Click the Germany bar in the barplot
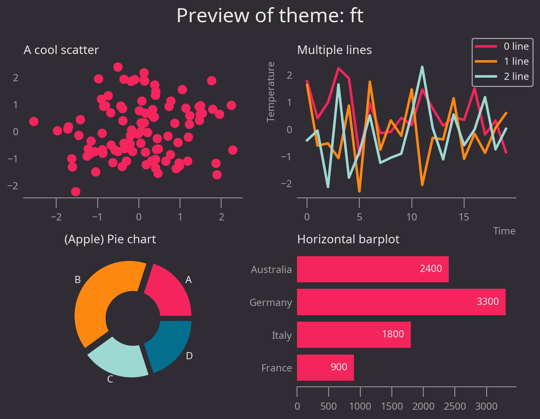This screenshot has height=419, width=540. click(401, 302)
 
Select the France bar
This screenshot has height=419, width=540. click(325, 367)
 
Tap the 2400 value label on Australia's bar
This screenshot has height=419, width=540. click(431, 269)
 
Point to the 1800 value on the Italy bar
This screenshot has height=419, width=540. click(393, 334)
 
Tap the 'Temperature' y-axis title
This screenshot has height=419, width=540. click(271, 92)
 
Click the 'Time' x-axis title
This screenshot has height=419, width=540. click(504, 231)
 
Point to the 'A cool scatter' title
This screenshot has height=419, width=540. click(61, 50)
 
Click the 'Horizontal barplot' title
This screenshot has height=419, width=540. click(348, 239)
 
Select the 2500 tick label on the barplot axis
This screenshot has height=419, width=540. click(455, 406)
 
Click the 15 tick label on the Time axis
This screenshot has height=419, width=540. click(464, 217)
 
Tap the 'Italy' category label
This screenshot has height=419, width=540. click(282, 336)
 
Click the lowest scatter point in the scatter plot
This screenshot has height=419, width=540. click(76, 191)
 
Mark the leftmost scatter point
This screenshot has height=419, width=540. click(34, 121)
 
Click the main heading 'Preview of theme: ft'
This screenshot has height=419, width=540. click(270, 16)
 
